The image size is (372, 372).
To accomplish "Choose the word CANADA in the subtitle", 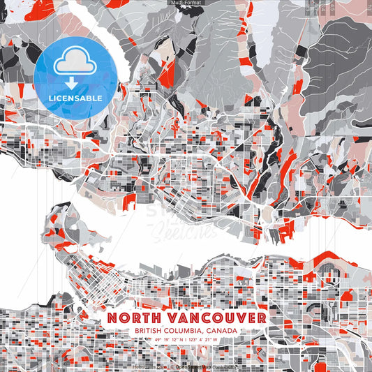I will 222,330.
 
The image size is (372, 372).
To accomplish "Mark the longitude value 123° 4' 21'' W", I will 203,340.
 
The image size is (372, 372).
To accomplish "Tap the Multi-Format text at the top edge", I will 186,3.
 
